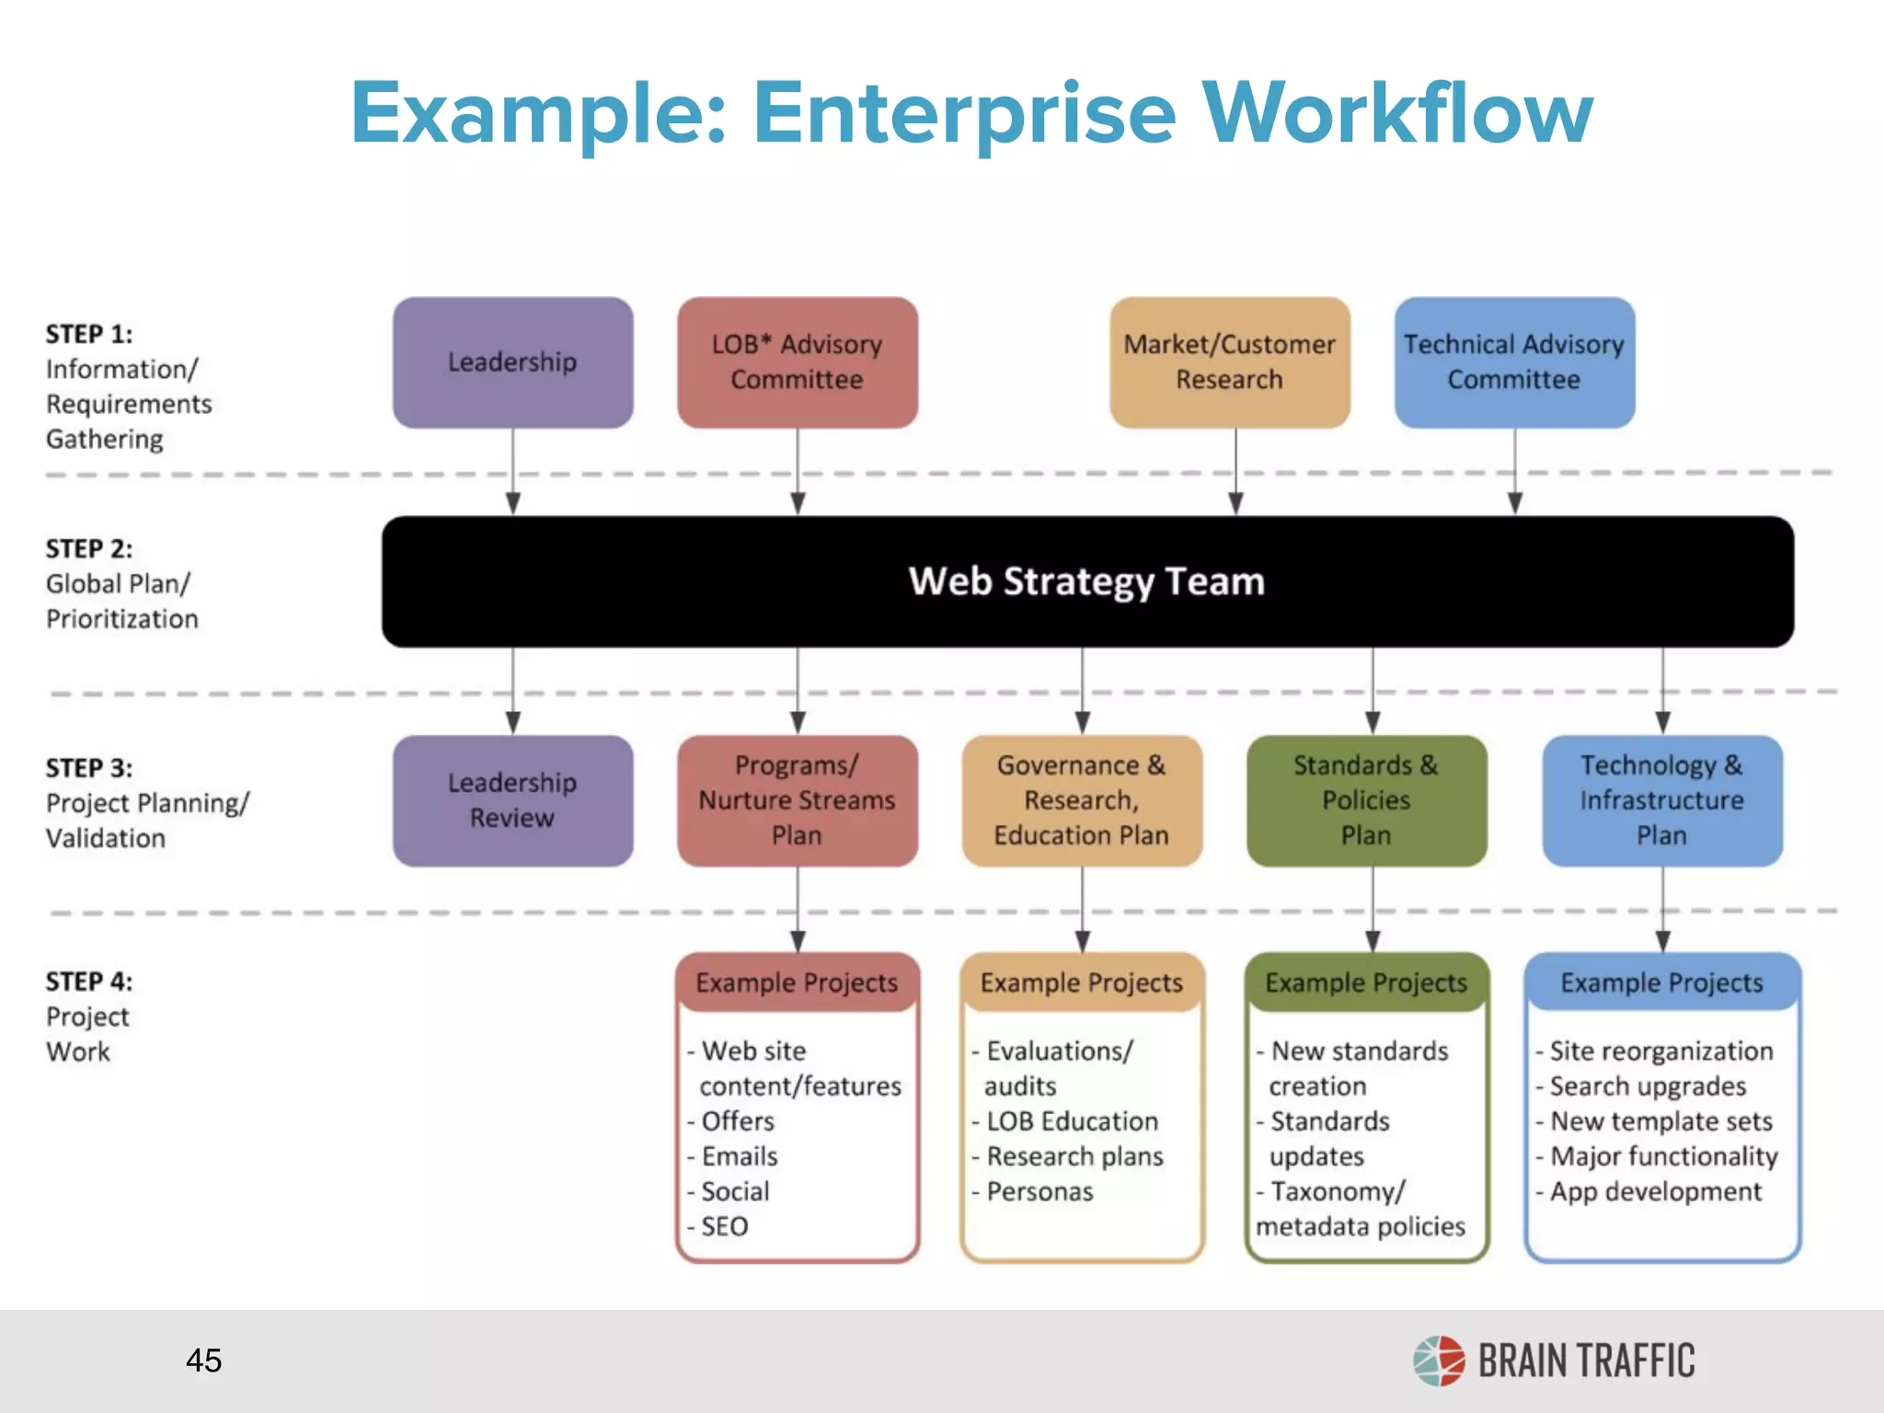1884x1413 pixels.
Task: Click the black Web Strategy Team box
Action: [x=1087, y=581]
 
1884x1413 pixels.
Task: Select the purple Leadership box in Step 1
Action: [x=512, y=362]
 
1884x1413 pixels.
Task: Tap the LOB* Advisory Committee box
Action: [x=797, y=362]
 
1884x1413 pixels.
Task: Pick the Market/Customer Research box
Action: [x=1229, y=362]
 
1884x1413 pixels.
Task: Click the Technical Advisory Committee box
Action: [x=1514, y=362]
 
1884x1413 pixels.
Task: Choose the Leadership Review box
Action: [x=512, y=800]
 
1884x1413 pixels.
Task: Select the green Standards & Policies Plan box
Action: [x=1366, y=800]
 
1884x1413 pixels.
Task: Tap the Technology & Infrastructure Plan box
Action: [x=1661, y=800]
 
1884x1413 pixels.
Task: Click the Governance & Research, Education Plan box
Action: [x=1082, y=800]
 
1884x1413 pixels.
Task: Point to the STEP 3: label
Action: [x=89, y=768]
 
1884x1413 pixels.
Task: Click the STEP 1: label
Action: [x=89, y=334]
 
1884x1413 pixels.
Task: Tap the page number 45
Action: [x=203, y=1361]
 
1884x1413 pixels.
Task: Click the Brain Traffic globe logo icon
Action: [x=1439, y=1361]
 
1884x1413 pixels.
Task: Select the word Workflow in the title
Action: [x=1397, y=113]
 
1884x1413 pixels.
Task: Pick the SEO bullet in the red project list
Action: [x=724, y=1226]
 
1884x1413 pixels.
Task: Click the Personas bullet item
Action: [x=1040, y=1191]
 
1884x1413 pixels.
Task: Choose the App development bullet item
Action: [x=1655, y=1191]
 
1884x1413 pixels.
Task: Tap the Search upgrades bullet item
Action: [x=1647, y=1086]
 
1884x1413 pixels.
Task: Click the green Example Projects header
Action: [x=1366, y=982]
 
